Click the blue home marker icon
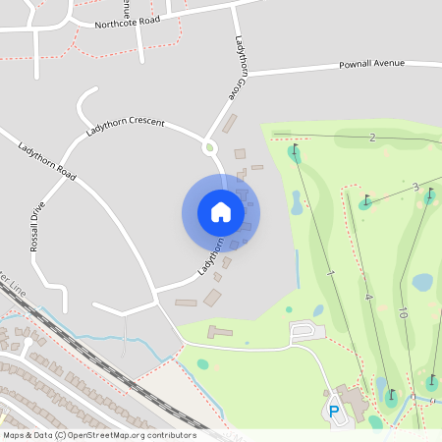point(221,212)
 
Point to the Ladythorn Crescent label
point(125,126)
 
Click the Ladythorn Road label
point(47,160)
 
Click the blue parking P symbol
point(334,411)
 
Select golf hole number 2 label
point(372,138)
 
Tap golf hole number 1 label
point(331,272)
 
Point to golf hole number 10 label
point(403,313)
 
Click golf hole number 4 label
point(368,297)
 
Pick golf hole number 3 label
point(415,187)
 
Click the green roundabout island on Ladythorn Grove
point(208,148)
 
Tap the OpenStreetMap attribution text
point(99,434)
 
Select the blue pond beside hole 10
point(422,283)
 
